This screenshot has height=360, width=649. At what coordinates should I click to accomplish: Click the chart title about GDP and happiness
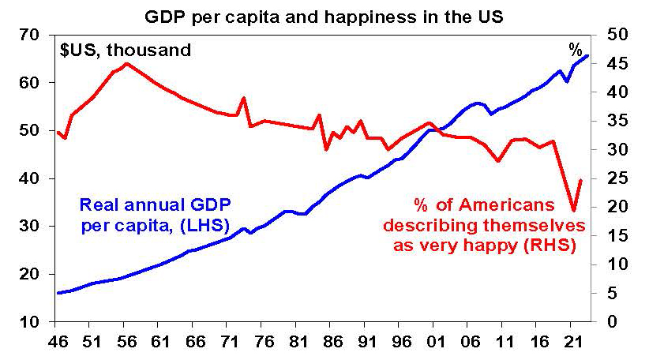point(324,15)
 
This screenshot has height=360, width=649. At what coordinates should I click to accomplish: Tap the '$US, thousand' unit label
point(126,51)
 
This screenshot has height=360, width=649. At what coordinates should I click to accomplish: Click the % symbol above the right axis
point(575,50)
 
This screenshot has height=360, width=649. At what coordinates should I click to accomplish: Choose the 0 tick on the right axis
point(607,322)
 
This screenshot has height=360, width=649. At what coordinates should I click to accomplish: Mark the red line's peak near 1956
point(126,63)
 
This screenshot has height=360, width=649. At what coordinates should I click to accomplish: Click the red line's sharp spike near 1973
point(243,98)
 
